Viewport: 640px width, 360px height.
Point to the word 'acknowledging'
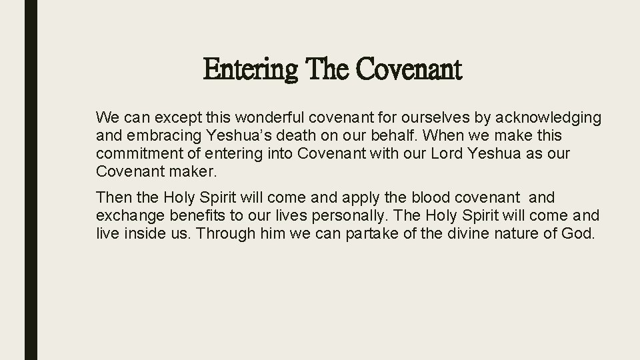(546, 119)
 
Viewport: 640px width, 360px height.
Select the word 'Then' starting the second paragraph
(112, 198)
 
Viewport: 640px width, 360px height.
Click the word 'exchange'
(124, 215)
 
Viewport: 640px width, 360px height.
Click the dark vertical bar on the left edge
(31, 180)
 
